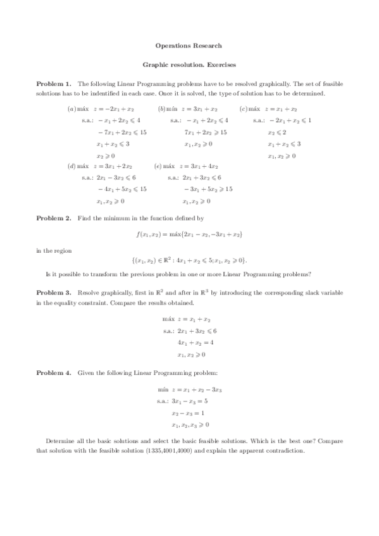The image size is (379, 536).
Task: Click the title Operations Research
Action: [x=189, y=46]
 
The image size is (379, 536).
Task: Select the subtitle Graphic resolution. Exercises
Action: [x=189, y=64]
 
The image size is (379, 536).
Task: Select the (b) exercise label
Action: [x=161, y=109]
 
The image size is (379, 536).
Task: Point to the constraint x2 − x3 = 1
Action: [x=188, y=413]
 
